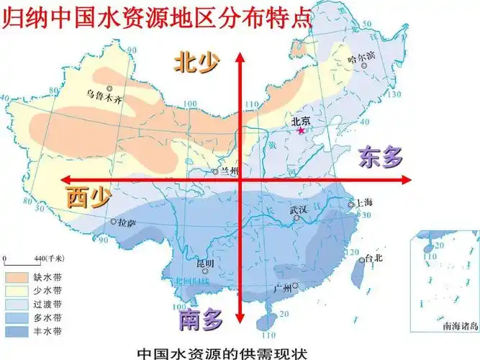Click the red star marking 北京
[x=301, y=131]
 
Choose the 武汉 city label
[x=298, y=210]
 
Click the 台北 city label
[x=375, y=257]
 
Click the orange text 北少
[x=195, y=63]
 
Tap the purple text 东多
[x=381, y=156]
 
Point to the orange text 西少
[x=89, y=197]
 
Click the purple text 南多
[x=201, y=318]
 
